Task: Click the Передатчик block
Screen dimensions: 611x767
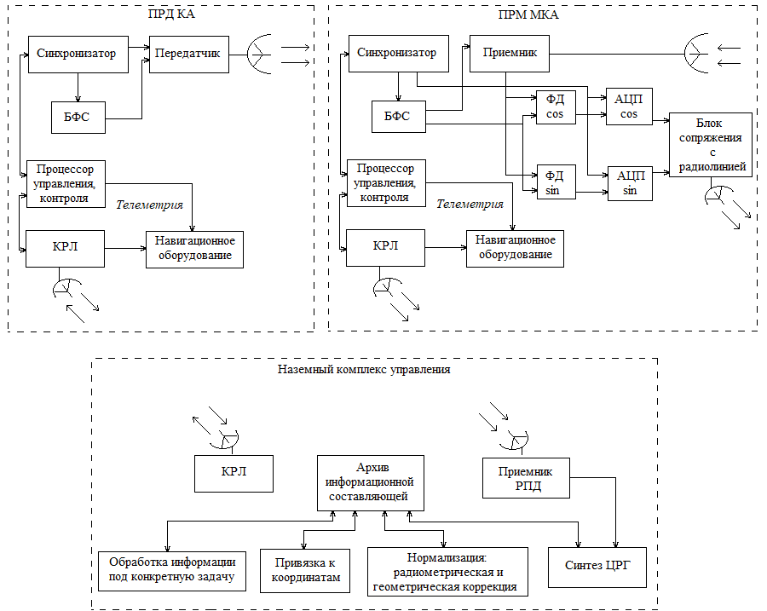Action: [x=187, y=55]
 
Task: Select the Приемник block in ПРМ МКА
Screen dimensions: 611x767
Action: [x=510, y=54]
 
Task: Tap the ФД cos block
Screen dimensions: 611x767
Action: [x=555, y=107]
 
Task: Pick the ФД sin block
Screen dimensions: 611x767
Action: [x=555, y=182]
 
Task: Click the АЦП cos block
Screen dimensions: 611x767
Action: [x=629, y=107]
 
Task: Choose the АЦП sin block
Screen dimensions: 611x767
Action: [x=629, y=182]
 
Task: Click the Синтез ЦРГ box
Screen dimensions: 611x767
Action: [x=601, y=565]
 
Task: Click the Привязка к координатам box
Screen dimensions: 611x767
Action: [x=305, y=570]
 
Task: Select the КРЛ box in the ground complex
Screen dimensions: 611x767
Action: [x=234, y=473]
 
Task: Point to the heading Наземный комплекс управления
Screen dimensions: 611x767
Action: [x=364, y=371]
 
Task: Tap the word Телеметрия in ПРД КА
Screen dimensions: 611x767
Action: [x=149, y=205]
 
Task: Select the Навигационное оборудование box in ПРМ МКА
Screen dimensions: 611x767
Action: [x=515, y=248]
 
